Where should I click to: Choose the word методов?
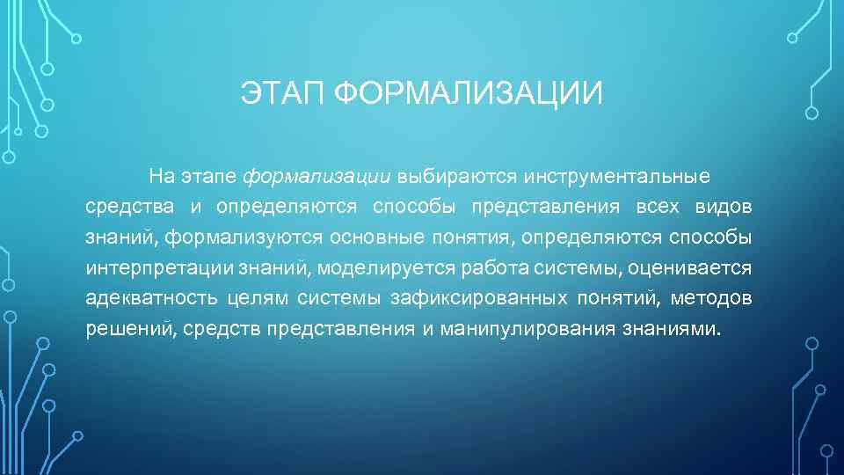click(711, 298)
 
